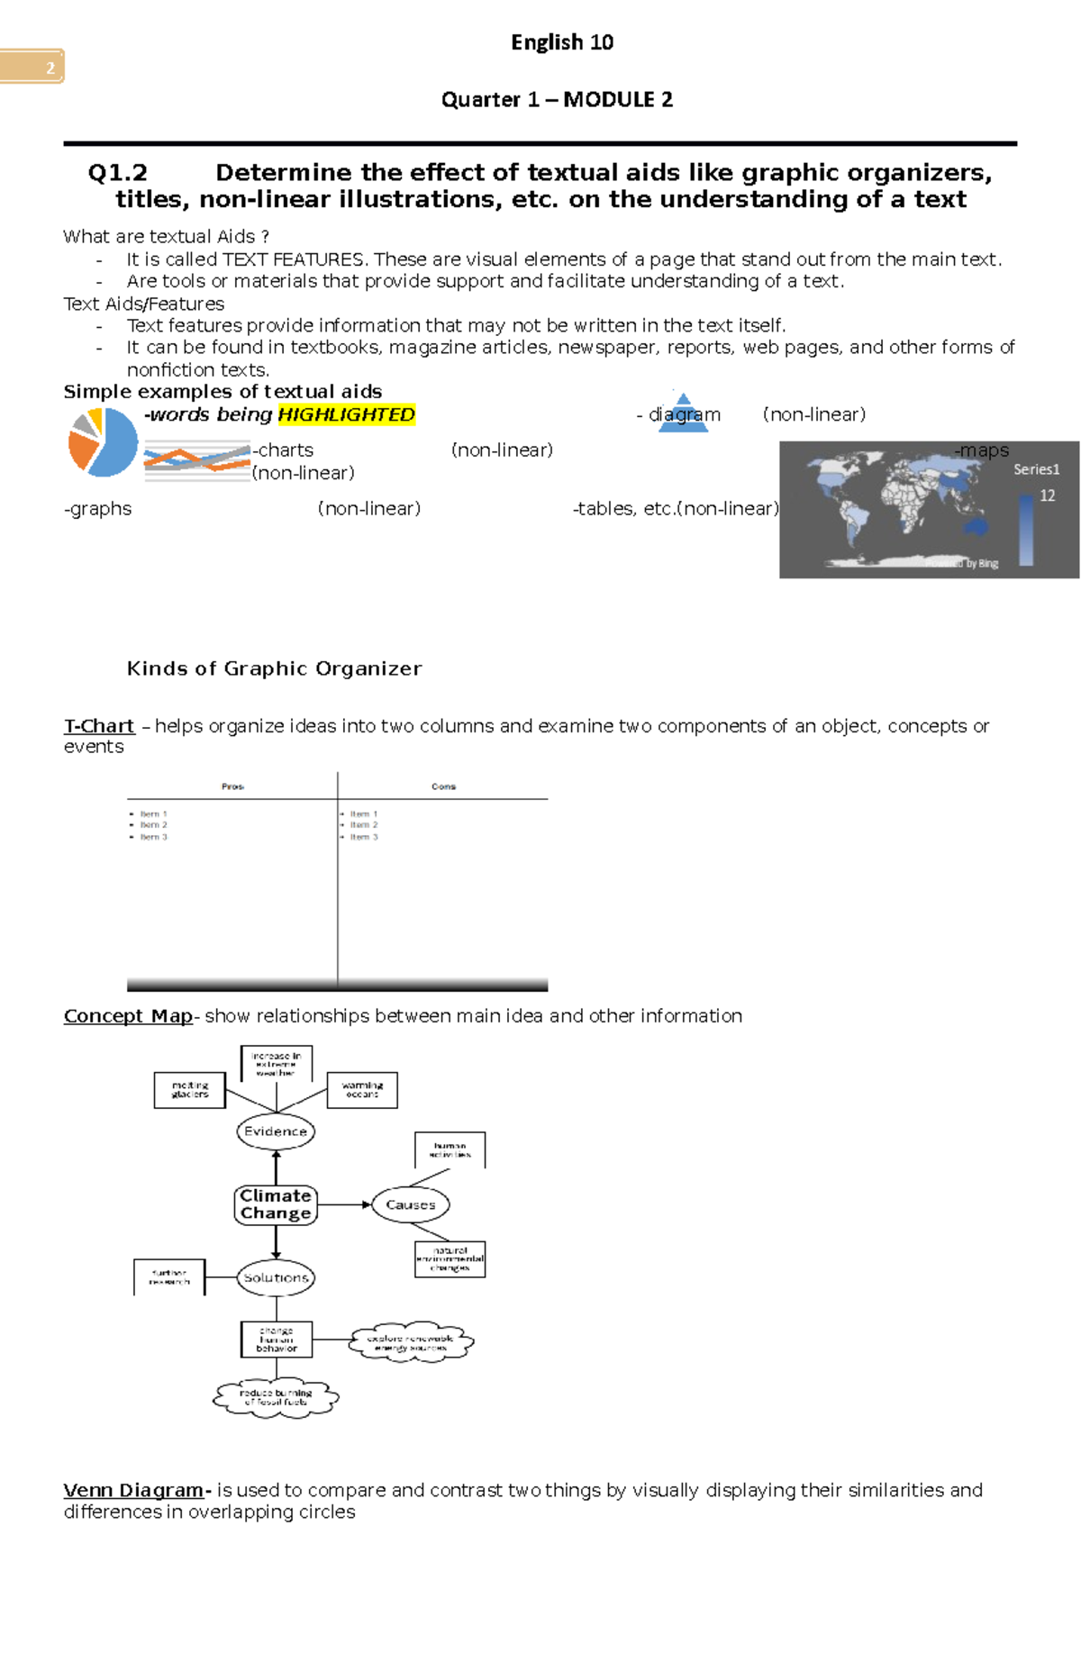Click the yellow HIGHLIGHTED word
pos(346,414)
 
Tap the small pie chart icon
pos(103,441)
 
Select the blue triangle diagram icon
pos(684,413)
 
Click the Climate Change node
pos(276,1204)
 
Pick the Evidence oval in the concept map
pos(276,1131)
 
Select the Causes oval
pos(411,1204)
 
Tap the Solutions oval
pos(276,1277)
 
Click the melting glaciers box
pos(189,1090)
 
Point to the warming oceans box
pos(362,1090)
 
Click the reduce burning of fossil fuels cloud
pos(276,1397)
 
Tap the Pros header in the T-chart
pos(232,786)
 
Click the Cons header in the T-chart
pos(443,786)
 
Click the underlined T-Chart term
pos(99,726)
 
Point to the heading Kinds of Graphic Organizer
pos(274,668)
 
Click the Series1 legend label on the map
pos(1036,469)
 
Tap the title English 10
pos(562,42)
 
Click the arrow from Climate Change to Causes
pos(345,1204)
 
